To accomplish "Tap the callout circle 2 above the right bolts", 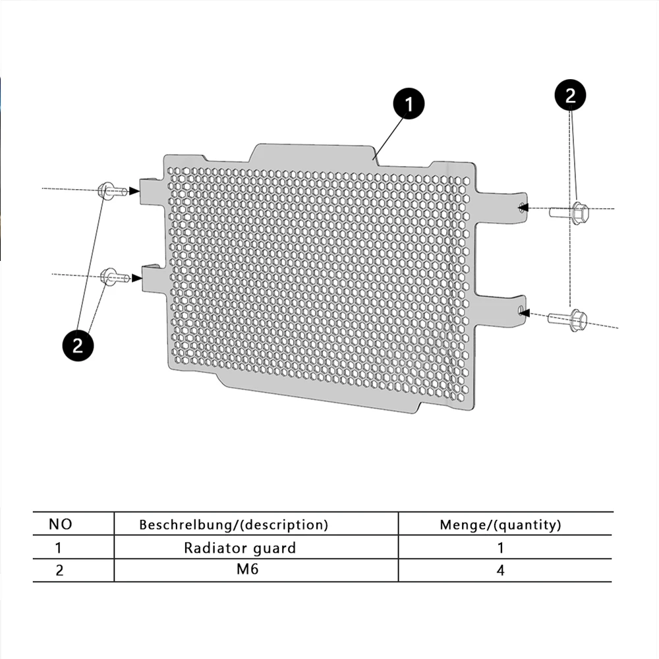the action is coord(570,96).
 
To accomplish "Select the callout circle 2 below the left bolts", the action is coord(78,345).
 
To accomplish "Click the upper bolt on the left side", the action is coord(110,190).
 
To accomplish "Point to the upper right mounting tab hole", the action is coord(523,206).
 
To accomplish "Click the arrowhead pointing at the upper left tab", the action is coord(134,190).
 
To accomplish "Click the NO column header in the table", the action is coord(60,525).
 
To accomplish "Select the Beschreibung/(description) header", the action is coord(233,525).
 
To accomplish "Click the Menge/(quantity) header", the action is coord(500,525).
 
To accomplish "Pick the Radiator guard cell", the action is coord(240,548).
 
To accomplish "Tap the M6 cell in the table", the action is coord(248,569).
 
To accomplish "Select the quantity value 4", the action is coord(500,570).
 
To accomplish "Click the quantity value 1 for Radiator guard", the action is coord(500,548).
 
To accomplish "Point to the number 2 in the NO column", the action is coord(59,570).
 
